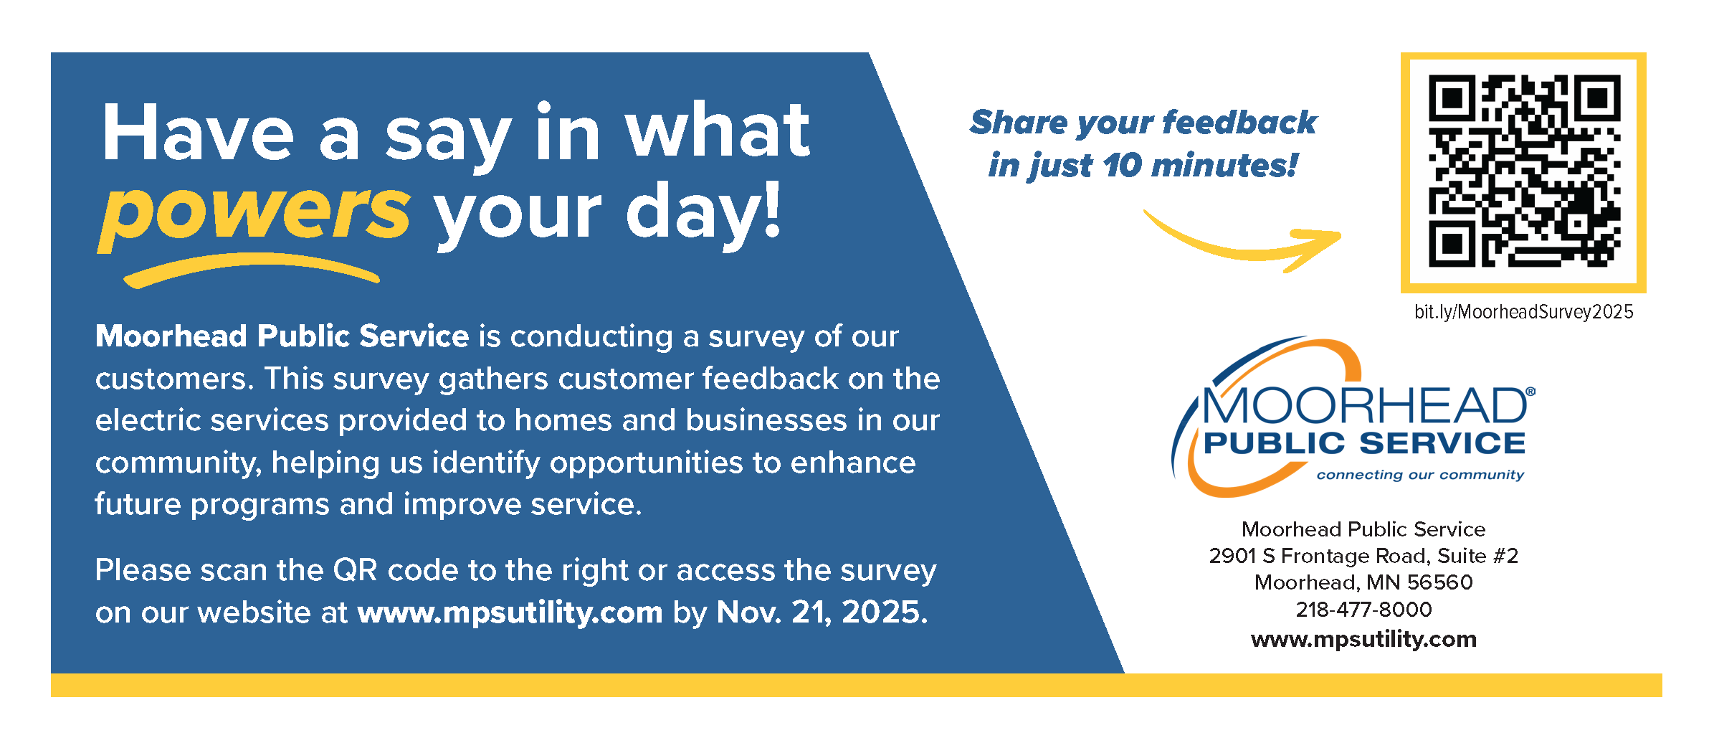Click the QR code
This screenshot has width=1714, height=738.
(x=1523, y=171)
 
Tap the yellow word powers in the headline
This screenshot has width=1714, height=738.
(x=254, y=212)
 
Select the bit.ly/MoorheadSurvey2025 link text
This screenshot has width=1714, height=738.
(x=1523, y=312)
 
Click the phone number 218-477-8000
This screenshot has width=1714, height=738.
(x=1363, y=610)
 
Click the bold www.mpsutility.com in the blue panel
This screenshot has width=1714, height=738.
(x=510, y=612)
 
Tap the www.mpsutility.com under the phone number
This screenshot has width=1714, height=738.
(x=1363, y=639)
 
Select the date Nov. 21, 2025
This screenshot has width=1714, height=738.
(x=822, y=612)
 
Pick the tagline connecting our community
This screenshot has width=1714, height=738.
(x=1420, y=475)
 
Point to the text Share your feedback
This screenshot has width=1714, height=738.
(x=1143, y=123)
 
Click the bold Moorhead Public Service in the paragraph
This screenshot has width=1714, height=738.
(x=282, y=336)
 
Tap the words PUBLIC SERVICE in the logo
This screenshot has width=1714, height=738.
(x=1365, y=443)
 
